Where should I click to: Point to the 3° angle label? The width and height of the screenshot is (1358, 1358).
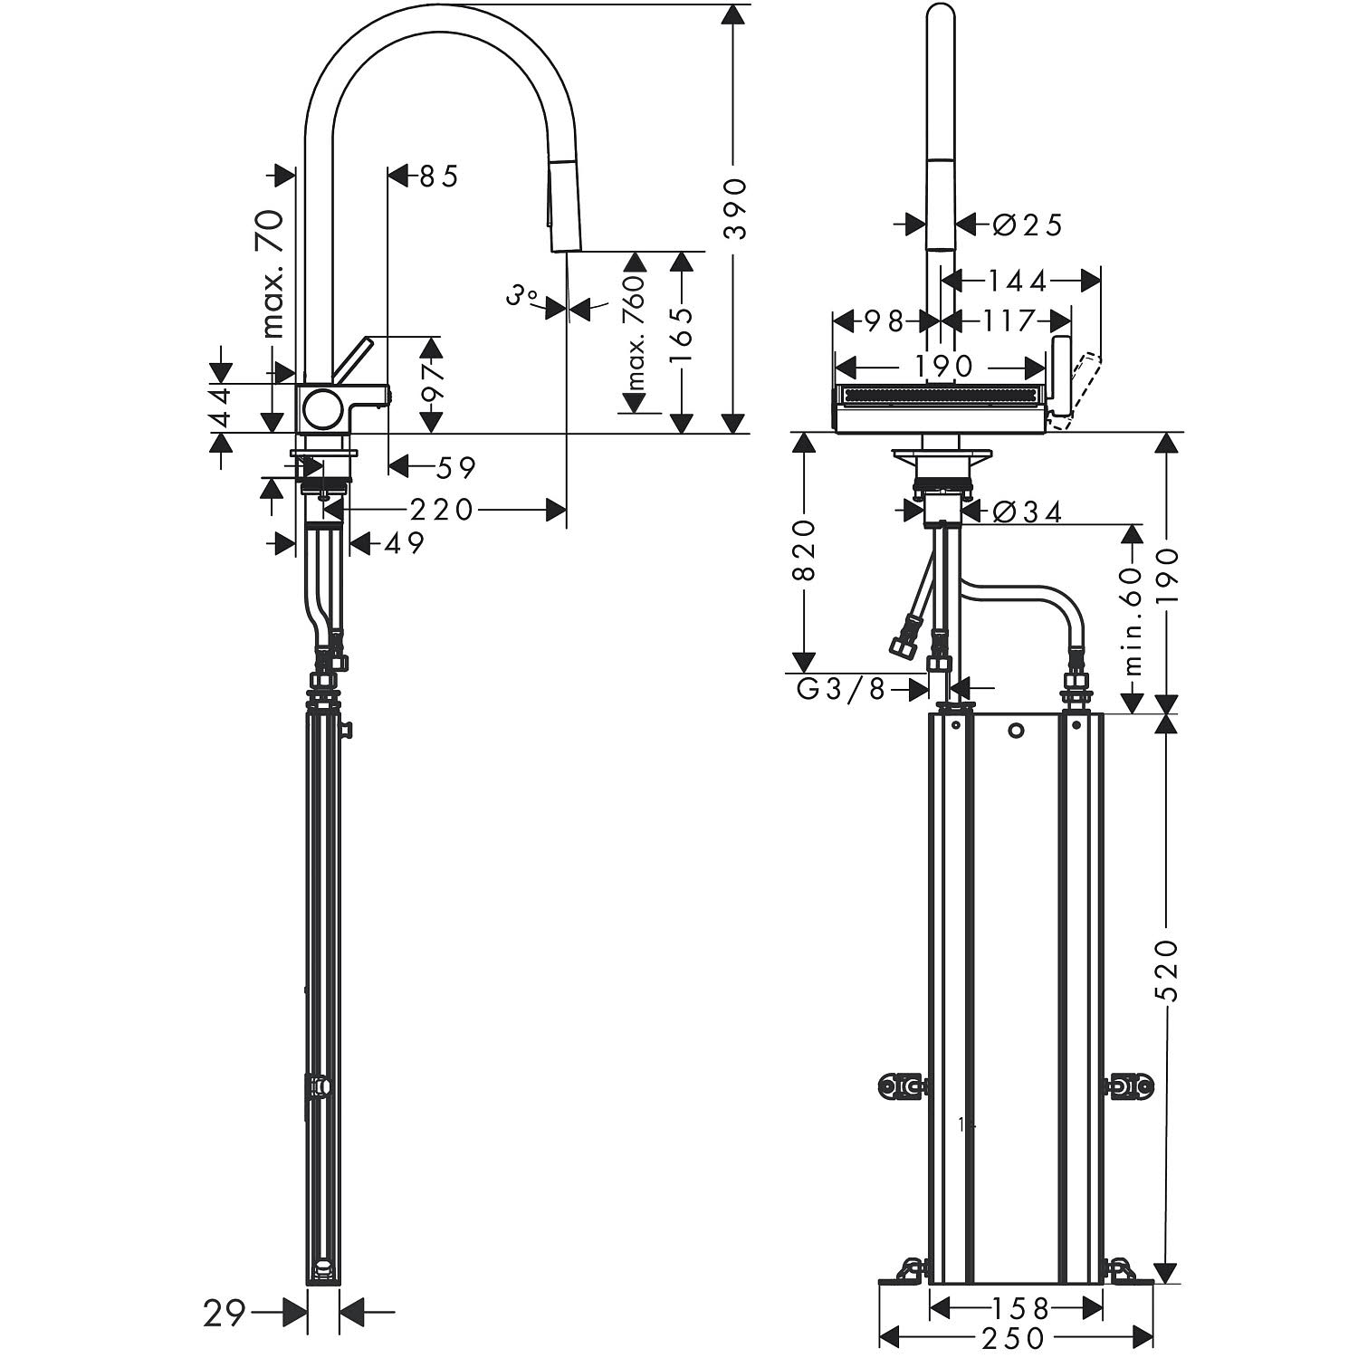click(x=522, y=296)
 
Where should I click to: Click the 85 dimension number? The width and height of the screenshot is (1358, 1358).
click(x=439, y=176)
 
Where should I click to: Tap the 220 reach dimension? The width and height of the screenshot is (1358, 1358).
click(x=441, y=511)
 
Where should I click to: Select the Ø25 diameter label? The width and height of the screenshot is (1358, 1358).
click(x=1027, y=224)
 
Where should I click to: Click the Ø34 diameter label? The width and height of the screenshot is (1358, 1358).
click(x=1027, y=512)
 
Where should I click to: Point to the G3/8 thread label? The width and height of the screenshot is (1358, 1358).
click(x=839, y=690)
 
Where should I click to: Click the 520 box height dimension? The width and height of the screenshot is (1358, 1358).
click(x=1168, y=970)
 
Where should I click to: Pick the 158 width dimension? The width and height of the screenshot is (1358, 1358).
click(x=1018, y=1308)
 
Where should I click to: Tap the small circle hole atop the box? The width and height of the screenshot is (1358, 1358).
click(x=1015, y=730)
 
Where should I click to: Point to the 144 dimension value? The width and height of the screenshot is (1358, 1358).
click(x=1017, y=282)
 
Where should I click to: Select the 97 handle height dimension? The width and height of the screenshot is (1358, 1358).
click(x=432, y=383)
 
